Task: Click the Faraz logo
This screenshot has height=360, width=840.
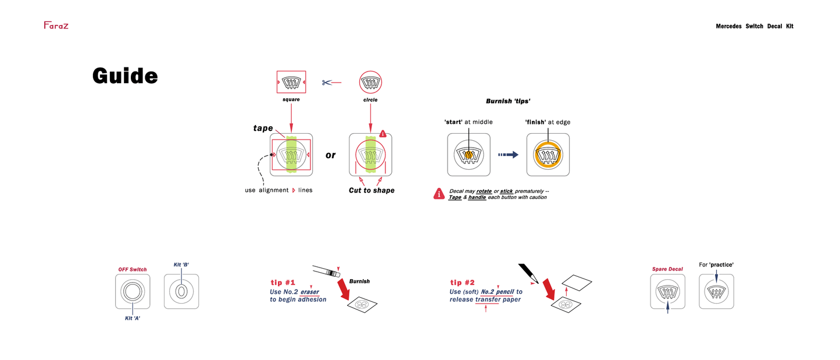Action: [x=56, y=26]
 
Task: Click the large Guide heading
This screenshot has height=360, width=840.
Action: [x=125, y=76]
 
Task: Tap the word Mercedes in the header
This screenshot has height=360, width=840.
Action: [x=728, y=26]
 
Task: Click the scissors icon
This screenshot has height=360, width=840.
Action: [x=327, y=83]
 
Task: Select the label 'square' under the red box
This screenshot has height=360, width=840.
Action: [x=291, y=100]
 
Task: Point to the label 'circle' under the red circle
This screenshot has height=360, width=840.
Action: [x=370, y=100]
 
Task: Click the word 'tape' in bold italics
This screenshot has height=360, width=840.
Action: [x=263, y=128]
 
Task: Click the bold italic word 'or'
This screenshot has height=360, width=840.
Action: [x=330, y=155]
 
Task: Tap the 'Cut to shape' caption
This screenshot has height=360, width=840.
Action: [x=371, y=190]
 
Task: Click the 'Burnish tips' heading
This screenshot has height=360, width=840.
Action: [x=508, y=101]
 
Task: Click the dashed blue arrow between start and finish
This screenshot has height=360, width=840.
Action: [x=508, y=155]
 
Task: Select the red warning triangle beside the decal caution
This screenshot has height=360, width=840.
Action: [x=439, y=194]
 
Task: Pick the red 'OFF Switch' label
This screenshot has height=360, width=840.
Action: [x=133, y=269]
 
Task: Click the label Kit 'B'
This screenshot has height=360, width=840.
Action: [x=181, y=265]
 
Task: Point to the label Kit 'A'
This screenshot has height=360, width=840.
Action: [x=133, y=318]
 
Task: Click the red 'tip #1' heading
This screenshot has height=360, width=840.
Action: [x=283, y=283]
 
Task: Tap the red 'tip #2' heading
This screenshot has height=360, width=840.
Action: [x=463, y=283]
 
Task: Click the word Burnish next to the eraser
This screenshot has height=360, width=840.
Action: [x=359, y=281]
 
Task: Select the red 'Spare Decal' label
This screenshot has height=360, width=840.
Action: [x=667, y=269]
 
